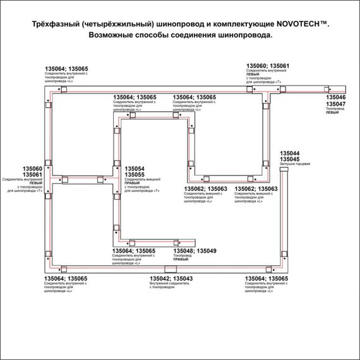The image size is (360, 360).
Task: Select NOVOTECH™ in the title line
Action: [303, 23]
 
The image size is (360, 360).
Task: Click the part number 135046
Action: [335, 99]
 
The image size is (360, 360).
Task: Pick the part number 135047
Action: [335, 104]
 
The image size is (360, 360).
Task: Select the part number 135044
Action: [289, 153]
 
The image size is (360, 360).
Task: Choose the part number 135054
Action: [135, 169]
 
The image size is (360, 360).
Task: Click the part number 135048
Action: [183, 251]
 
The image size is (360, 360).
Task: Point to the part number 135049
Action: [206, 251]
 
